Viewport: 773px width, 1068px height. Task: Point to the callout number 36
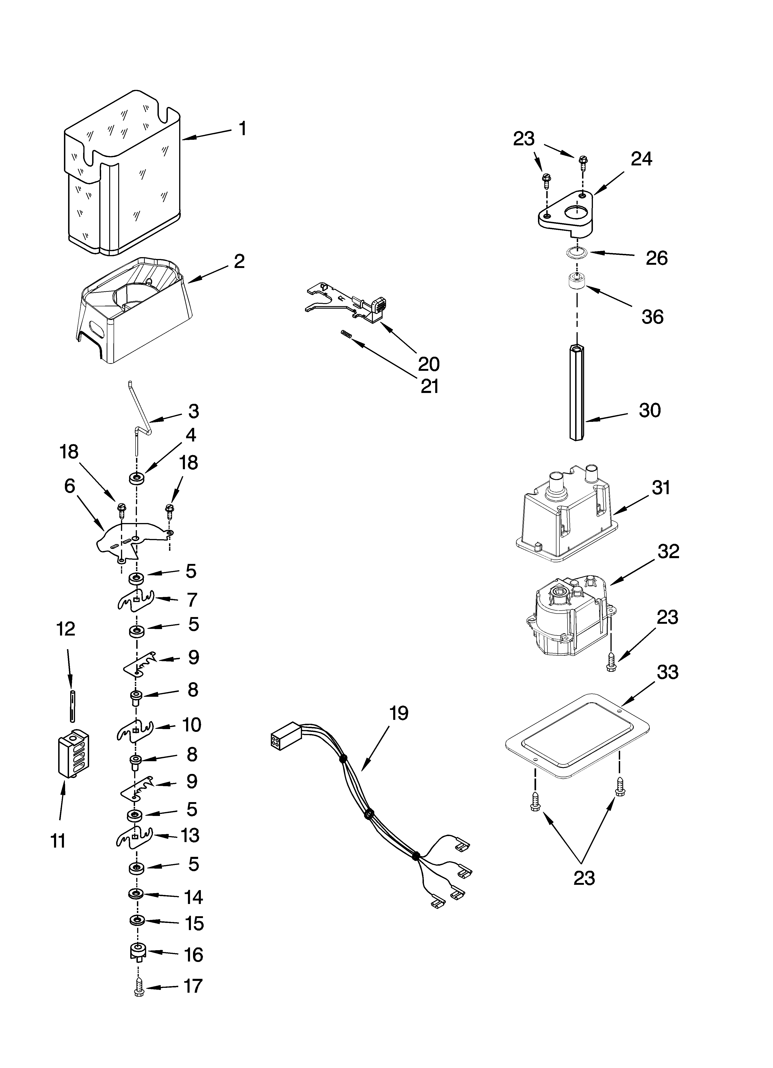point(652,317)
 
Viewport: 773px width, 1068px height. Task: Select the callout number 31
point(661,488)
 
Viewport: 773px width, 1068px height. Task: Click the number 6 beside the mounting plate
point(70,487)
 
